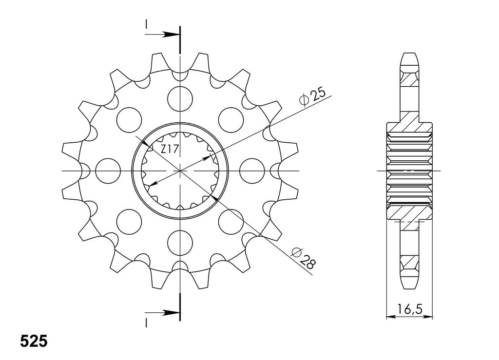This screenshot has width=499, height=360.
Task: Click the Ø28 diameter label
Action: (303, 258)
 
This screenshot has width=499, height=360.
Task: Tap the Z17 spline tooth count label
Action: (169, 149)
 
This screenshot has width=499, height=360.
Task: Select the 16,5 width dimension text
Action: (409, 309)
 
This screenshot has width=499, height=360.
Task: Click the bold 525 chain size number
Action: (34, 341)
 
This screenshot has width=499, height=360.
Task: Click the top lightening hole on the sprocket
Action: (180, 99)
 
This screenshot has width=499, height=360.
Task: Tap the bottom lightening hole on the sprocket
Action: (180, 243)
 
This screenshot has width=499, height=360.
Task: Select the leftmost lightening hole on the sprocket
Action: (108, 171)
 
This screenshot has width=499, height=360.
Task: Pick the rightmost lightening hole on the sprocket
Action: (252, 171)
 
